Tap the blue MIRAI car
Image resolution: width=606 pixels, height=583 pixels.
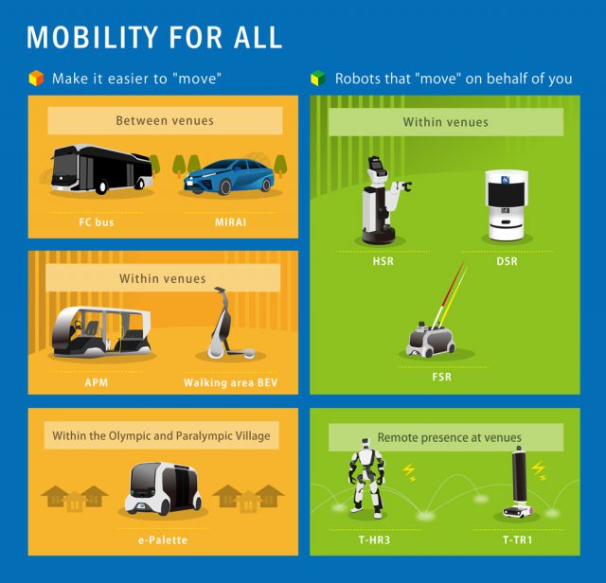tap(229, 177)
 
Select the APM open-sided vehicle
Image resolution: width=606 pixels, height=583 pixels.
tap(101, 332)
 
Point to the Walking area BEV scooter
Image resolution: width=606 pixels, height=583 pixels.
tap(228, 325)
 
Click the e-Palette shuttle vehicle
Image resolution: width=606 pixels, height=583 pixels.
tap(163, 488)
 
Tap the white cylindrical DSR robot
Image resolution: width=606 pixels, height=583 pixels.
tap(507, 204)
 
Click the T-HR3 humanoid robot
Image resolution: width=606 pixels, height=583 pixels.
tap(366, 478)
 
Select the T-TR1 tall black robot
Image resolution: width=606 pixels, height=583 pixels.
tap(519, 482)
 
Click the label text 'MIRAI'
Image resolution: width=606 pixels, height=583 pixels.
tap(230, 222)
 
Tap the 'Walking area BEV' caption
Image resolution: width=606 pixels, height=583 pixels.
tap(230, 382)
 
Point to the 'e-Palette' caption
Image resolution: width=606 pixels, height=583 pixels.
tap(163, 539)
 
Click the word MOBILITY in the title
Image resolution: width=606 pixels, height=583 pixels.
tap(92, 37)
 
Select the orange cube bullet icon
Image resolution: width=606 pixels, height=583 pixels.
tap(36, 78)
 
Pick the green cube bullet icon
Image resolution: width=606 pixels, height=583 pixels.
tap(318, 78)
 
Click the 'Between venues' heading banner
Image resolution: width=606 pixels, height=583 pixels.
tap(165, 121)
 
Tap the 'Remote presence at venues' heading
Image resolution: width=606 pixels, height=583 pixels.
tap(449, 437)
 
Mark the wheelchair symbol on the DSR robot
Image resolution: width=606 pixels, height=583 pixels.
tap(506, 179)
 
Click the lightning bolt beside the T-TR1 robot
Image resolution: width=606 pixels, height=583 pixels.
tap(538, 469)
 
